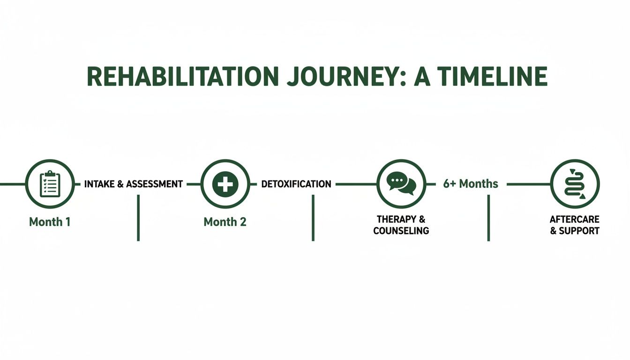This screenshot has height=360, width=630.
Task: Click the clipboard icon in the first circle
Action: (50, 184)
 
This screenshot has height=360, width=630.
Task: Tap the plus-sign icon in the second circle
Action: (225, 184)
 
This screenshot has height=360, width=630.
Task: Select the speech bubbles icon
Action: (401, 184)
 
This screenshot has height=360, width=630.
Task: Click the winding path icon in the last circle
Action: (575, 184)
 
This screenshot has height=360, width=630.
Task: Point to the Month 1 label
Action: (50, 222)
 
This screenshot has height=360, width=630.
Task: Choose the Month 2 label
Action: (225, 222)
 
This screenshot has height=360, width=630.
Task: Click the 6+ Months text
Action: (471, 184)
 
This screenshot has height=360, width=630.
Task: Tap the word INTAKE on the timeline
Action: (99, 184)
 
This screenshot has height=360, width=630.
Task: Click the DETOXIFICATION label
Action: (296, 184)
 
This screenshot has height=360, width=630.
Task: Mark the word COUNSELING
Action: (401, 231)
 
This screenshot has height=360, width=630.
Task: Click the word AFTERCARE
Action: (575, 219)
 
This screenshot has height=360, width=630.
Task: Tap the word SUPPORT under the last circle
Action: (579, 231)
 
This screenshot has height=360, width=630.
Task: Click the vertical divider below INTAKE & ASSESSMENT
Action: (138, 217)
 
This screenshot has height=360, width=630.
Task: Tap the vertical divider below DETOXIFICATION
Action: (313, 217)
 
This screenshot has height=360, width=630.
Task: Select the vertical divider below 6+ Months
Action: (488, 217)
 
